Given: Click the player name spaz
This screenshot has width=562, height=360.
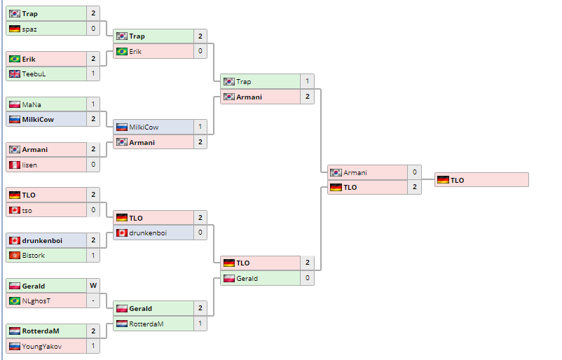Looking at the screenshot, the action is click(29, 29).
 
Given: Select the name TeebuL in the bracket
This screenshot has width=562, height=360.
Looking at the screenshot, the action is click(34, 74).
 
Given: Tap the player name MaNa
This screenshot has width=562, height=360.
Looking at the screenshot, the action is click(32, 104).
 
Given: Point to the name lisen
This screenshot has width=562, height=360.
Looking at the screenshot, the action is click(30, 165).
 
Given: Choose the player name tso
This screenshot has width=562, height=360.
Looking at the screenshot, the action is click(27, 210).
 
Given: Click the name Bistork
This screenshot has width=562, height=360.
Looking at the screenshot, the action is click(34, 256).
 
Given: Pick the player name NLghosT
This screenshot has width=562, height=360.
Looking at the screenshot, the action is click(36, 301).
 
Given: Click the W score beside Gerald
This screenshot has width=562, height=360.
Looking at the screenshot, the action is click(93, 286).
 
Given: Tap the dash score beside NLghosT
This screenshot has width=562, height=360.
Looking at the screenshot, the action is click(93, 301).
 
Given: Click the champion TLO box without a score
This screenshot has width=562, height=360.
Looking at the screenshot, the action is click(481, 180).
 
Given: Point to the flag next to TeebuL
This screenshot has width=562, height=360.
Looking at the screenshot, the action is click(15, 74).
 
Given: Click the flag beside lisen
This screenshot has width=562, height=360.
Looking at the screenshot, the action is click(15, 165).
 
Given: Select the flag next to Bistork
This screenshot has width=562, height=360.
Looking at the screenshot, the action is click(15, 256).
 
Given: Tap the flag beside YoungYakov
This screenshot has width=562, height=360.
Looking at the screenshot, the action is click(15, 346).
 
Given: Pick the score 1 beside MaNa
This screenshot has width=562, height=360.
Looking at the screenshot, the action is click(93, 104).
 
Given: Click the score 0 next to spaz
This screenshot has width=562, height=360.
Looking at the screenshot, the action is click(93, 29).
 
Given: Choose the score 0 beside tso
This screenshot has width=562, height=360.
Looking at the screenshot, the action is click(93, 210).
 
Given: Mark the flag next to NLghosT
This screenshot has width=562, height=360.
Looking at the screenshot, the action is click(15, 301).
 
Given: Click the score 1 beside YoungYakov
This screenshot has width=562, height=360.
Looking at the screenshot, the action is click(93, 346).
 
